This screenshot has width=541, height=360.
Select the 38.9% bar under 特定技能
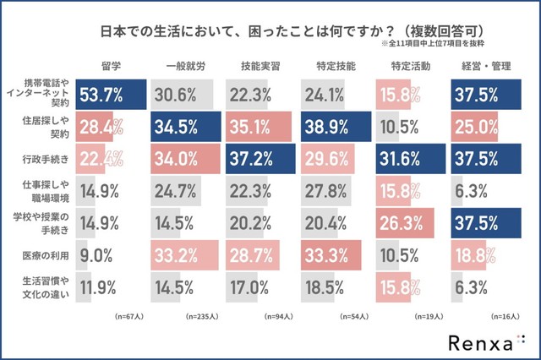coord(336,128)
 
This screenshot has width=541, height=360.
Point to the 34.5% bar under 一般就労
coord(185,128)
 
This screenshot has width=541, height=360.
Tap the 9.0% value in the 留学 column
coord(96,253)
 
